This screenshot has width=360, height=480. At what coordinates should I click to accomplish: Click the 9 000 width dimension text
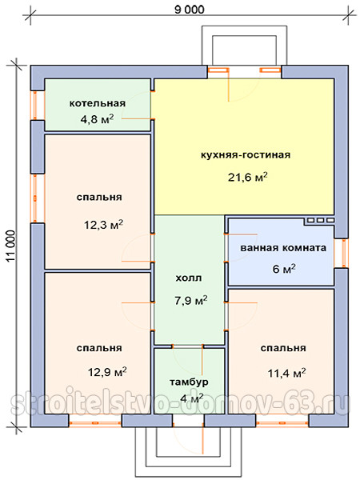190,10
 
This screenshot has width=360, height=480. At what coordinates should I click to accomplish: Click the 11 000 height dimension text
11,246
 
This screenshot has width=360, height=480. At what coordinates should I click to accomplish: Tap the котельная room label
98,103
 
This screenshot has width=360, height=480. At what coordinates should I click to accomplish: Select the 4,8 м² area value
97,118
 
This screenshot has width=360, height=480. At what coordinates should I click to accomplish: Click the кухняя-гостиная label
246,154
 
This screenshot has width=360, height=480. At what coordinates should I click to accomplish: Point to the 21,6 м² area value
248,177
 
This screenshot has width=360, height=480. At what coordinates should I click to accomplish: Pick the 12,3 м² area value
104,225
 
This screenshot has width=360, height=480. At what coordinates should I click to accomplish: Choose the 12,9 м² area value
107,372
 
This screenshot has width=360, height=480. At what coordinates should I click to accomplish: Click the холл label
189,278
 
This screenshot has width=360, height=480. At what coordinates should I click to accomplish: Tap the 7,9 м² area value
191,300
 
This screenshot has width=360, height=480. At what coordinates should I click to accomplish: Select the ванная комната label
283,248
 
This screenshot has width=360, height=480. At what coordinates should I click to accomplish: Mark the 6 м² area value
284,269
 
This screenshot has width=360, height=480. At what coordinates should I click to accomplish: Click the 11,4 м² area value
286,373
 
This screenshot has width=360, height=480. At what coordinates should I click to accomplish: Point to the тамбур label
189,382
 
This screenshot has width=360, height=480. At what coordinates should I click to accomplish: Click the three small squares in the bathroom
321,220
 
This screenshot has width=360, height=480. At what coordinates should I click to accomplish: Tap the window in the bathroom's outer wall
342,253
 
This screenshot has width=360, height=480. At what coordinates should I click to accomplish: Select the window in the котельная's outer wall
38,106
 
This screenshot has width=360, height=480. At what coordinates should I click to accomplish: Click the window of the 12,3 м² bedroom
38,198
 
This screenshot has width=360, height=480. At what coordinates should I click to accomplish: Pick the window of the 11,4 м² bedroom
282,421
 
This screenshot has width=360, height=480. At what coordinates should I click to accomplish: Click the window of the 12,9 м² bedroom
95,421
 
